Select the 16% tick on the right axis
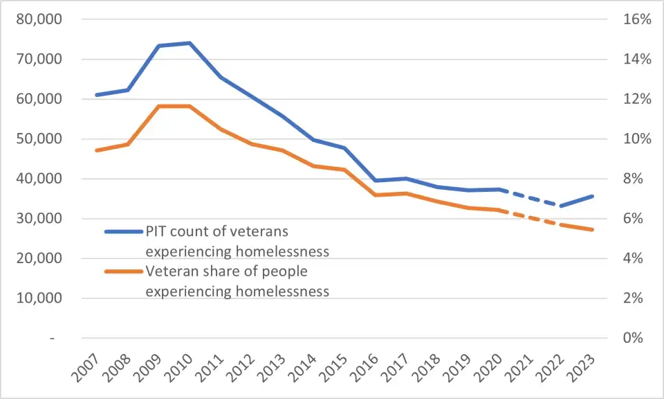click(x=636, y=19)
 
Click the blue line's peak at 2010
click(x=189, y=43)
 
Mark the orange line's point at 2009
click(x=158, y=106)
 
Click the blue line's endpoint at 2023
click(x=593, y=196)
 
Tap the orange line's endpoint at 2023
click(x=593, y=230)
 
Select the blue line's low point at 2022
click(x=562, y=206)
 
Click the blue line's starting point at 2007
click(x=96, y=95)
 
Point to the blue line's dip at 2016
click(x=376, y=181)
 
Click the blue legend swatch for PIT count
click(x=123, y=232)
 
